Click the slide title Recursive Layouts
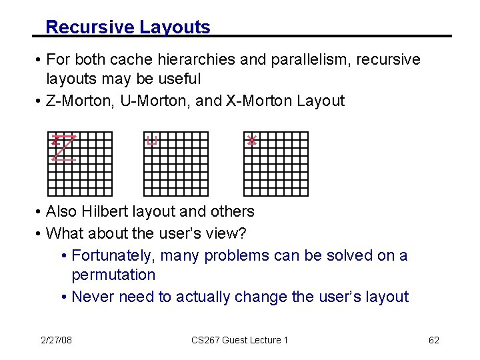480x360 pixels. [128, 27]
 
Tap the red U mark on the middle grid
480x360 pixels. [152, 140]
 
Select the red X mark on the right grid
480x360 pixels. [251, 140]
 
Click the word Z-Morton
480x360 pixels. [77, 101]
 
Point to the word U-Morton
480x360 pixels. [145, 101]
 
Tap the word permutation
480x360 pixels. [113, 275]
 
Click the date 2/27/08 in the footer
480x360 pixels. [56, 340]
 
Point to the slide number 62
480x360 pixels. [433, 340]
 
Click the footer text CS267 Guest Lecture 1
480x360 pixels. [239, 340]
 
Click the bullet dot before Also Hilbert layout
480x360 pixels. [39, 212]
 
